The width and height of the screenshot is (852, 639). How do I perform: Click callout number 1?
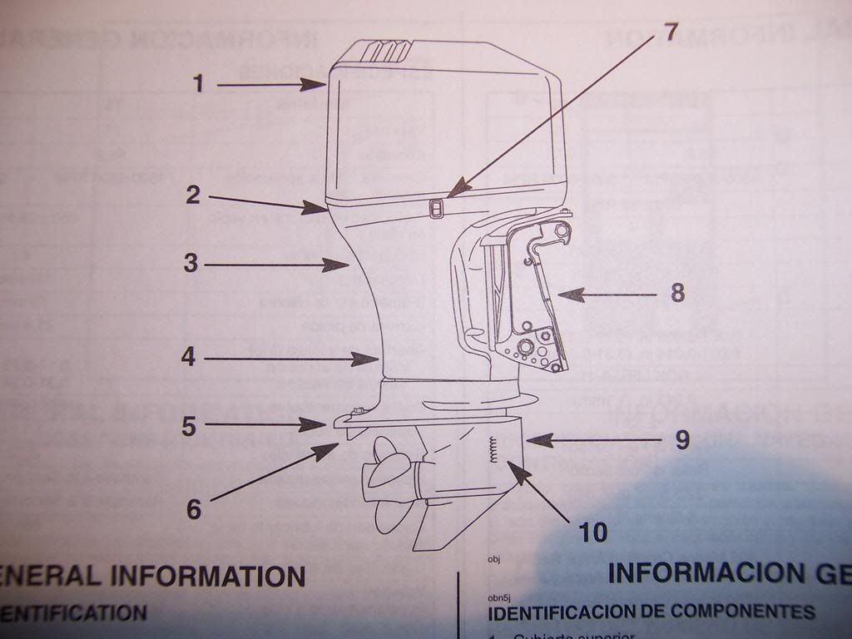click(x=198, y=83)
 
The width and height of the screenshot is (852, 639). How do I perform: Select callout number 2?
click(x=193, y=196)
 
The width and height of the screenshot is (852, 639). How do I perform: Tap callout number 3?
click(x=191, y=264)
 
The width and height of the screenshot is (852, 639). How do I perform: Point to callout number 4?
click(x=189, y=358)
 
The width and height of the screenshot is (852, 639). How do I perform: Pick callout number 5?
click(x=189, y=426)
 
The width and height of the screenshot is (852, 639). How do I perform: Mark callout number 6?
click(x=193, y=508)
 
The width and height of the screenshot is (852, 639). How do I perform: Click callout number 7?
click(x=671, y=32)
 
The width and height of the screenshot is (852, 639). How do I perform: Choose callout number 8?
click(x=677, y=293)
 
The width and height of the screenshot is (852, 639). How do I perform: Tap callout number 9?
click(x=682, y=439)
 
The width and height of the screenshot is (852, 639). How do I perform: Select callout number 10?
click(x=592, y=532)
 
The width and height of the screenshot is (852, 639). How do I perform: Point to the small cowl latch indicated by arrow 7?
click(x=435, y=208)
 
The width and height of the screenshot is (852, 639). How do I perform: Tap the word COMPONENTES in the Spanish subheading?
click(x=742, y=612)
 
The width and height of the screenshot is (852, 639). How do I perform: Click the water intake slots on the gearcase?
click(x=493, y=450)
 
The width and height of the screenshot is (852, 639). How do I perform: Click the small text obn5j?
click(x=498, y=597)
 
